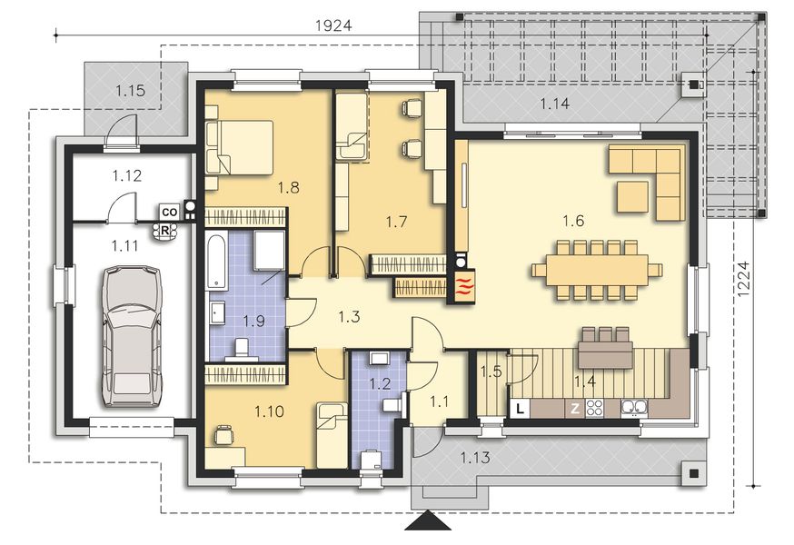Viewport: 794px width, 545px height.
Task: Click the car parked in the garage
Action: coord(132,334)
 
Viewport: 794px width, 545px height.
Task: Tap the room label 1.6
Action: coord(572,220)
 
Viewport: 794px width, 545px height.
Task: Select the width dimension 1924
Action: coord(333,26)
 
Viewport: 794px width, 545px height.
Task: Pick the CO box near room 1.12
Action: coord(168,212)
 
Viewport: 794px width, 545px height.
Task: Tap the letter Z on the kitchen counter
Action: coord(575,408)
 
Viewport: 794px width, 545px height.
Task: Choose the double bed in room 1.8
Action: coord(240,147)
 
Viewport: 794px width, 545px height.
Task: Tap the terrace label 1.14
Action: coord(554,104)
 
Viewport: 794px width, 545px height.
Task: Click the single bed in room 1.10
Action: coord(332,432)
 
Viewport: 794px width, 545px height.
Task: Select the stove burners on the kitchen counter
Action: coord(595,407)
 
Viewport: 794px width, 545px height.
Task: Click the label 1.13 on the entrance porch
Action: coord(475,457)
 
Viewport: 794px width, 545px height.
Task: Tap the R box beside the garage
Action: coord(165,230)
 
